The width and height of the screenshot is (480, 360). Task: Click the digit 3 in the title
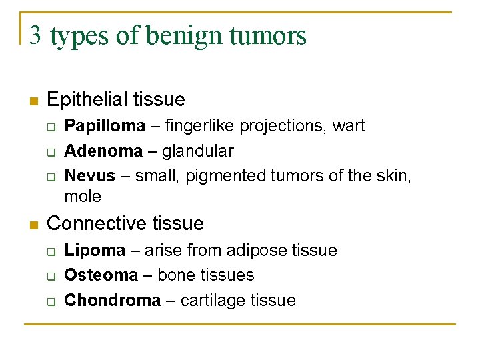(35, 35)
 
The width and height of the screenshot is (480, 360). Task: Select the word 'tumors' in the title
(269, 35)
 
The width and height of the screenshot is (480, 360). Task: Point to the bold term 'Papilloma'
(104, 126)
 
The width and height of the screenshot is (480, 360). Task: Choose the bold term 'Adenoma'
(103, 151)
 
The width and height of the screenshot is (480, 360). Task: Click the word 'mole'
(83, 197)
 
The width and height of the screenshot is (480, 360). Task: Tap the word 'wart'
(349, 126)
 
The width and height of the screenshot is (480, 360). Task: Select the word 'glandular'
(198, 151)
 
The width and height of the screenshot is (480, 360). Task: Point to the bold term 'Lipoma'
(95, 251)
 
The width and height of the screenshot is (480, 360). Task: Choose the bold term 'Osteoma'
(101, 275)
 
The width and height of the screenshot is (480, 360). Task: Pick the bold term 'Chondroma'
(113, 300)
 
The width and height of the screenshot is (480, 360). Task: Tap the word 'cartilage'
(215, 301)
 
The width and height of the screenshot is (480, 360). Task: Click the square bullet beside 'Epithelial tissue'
(33, 101)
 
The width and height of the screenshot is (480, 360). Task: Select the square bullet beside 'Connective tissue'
(33, 225)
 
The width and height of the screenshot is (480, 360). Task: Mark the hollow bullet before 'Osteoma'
(51, 275)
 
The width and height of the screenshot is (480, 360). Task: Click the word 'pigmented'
(227, 176)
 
